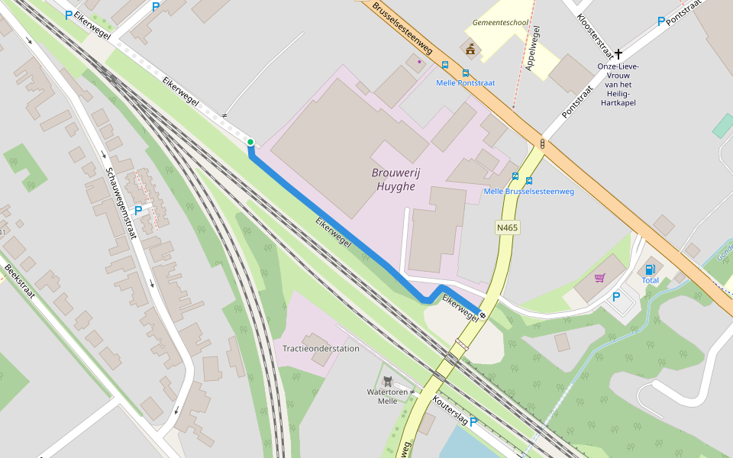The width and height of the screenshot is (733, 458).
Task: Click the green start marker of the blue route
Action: tap(250, 142)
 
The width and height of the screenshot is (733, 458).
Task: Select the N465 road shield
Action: tap(506, 227)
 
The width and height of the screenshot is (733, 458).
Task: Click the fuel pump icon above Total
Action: tap(650, 269)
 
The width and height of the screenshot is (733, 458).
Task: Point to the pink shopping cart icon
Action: tap(599, 278)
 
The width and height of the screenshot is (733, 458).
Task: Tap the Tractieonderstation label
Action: tap(321, 349)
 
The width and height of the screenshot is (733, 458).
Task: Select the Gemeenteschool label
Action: tap(500, 23)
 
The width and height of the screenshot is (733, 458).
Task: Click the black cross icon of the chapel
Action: tap(618, 54)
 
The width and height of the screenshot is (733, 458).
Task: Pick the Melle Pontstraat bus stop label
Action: tap(466, 82)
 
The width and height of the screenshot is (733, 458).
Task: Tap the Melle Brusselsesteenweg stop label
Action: tap(528, 192)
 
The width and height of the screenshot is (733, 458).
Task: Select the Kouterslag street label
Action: tap(449, 409)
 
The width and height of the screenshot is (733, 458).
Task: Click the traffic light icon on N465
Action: tap(542, 143)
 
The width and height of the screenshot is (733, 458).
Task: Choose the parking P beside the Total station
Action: tap(616, 296)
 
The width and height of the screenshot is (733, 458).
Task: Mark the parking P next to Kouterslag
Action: tap(473, 421)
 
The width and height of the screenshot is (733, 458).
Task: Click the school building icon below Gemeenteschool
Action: tap(470, 50)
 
